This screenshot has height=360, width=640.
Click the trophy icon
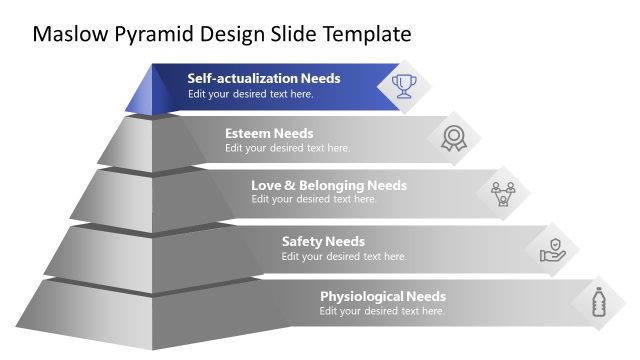(404, 85)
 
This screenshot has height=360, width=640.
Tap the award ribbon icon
(454, 138)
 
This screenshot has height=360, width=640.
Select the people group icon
(503, 191)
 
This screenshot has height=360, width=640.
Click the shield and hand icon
(553, 247)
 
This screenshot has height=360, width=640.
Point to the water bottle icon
(599, 301)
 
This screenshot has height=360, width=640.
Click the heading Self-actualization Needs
(264, 78)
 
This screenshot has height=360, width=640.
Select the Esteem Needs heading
(269, 133)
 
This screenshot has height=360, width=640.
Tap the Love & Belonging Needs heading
(329, 185)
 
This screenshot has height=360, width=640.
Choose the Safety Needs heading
(323, 241)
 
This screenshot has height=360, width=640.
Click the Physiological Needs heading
(383, 296)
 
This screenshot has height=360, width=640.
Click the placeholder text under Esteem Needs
(288, 148)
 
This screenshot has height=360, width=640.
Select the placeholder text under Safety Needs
(344, 256)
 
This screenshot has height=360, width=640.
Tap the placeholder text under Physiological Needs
(382, 311)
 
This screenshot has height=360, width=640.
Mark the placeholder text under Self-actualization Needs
(251, 94)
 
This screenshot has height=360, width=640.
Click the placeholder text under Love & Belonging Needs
(314, 199)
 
